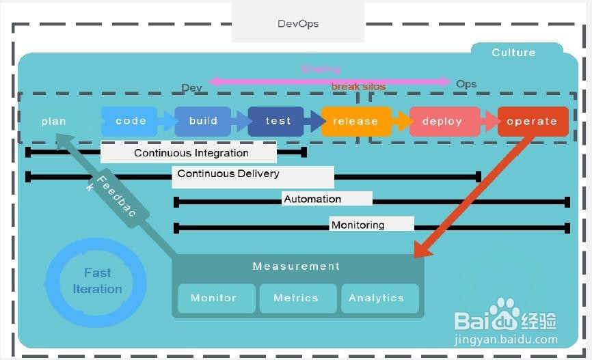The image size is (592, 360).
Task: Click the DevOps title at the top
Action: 298,23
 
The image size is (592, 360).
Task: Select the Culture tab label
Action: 513,53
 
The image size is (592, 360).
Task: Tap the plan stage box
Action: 54,122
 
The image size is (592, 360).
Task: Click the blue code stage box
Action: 131,121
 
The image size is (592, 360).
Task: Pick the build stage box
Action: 203,121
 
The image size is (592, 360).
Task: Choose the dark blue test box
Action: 278,121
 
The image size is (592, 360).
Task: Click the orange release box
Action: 355,122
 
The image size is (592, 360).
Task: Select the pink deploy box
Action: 442,122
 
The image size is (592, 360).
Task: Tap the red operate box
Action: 532,122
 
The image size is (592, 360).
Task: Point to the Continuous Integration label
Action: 191,153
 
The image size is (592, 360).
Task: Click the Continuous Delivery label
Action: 228,174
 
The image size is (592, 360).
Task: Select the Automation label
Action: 312,199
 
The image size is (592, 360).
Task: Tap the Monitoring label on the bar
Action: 358,225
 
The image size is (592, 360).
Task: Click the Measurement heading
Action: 296,266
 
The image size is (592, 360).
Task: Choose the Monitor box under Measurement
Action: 213,299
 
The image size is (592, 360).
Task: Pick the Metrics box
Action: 296,299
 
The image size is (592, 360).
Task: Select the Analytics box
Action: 376,299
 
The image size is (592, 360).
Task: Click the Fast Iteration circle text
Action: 97,281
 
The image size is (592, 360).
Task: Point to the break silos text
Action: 358,87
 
